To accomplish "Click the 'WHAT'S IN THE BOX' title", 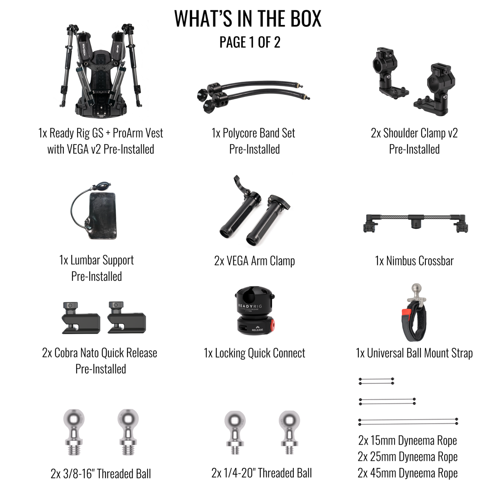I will coord(248,19).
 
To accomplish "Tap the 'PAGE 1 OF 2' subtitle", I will coord(250,42).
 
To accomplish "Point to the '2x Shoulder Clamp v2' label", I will coord(414,133).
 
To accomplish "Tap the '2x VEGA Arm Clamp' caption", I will coord(255,261).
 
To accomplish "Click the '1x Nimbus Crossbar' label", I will coord(414,261).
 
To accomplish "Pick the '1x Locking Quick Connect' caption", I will coord(255,353).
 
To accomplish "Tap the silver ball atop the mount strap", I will coord(416,289).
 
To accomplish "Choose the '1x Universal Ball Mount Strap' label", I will coord(414,353).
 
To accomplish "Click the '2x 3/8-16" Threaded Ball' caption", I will coord(101,474).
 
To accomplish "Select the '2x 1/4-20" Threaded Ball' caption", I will coord(262,473).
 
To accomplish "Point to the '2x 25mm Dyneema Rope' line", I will coord(407,457).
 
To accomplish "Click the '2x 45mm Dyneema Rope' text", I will coord(407,473).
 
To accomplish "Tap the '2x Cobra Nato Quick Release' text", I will coord(100,353).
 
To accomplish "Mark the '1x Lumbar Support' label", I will coord(97,260).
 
